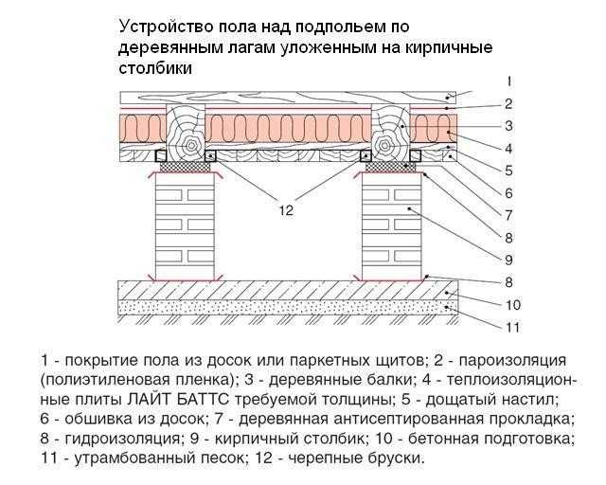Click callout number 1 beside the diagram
click(509, 81)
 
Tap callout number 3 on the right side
click(509, 126)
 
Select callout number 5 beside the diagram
click(509, 171)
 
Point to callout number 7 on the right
click(509, 215)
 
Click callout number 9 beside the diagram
click(509, 260)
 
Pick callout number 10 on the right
click(513, 305)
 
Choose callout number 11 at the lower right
click(513, 328)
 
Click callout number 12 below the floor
click(286, 211)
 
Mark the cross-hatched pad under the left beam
click(186, 167)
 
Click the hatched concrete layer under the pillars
click(288, 290)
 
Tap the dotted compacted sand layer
click(288, 307)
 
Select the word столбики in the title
click(155, 68)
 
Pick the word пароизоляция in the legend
click(512, 361)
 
